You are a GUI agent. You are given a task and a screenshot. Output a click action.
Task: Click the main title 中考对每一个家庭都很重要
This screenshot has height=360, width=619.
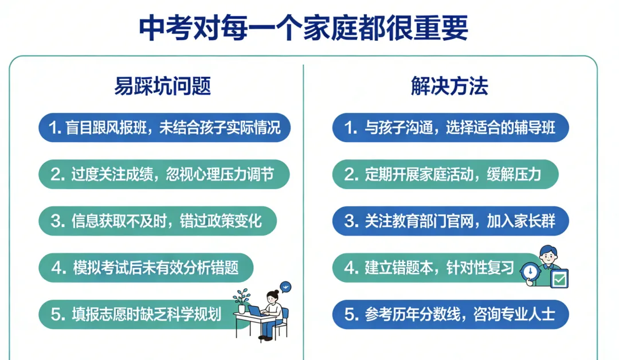tap(303, 28)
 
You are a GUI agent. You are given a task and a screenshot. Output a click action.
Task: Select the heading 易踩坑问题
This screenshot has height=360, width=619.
tap(163, 86)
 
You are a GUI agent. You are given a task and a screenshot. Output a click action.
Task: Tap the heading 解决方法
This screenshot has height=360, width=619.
tap(449, 86)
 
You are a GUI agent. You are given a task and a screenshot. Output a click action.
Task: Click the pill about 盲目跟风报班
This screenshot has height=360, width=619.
tap(164, 127)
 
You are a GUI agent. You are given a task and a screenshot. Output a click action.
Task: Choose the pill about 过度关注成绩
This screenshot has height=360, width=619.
tap(164, 174)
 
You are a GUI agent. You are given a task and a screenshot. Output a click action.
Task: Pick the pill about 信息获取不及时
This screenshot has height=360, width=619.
tap(158, 221)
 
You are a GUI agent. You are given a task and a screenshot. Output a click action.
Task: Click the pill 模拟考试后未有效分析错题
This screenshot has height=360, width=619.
tap(146, 268)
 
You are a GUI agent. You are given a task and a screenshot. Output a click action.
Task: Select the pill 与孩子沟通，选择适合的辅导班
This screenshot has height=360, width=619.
tap(450, 127)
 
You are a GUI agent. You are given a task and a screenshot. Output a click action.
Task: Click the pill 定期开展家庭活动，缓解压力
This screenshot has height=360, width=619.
tap(445, 174)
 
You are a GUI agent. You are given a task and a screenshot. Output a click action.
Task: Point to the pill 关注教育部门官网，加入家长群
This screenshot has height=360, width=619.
tap(450, 221)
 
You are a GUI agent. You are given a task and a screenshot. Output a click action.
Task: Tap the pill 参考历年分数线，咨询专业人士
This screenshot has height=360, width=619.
tap(450, 314)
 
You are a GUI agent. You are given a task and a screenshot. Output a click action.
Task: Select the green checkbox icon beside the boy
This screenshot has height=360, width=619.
tap(558, 279)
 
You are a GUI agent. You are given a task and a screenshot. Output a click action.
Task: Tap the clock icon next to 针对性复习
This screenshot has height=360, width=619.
tap(530, 271)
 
